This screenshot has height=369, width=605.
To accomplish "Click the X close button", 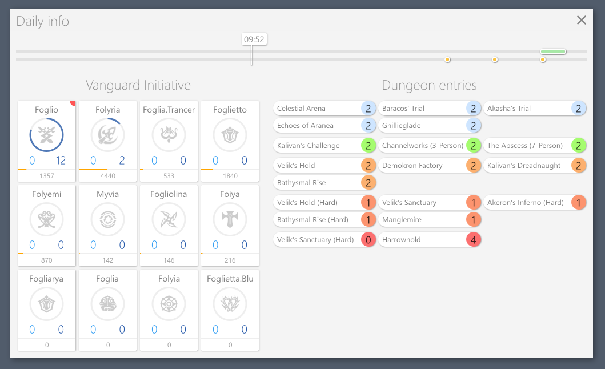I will [581, 21].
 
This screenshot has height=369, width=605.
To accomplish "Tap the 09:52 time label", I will [254, 39].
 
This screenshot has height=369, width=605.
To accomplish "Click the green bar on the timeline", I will [553, 51].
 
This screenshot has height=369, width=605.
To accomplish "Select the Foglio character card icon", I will [46, 135].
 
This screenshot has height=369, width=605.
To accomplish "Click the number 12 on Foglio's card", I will [61, 161].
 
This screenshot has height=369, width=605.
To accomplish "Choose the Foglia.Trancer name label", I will [169, 110].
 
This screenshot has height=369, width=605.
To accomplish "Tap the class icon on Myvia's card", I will [107, 219].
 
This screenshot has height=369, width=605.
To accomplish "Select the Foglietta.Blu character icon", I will [230, 304].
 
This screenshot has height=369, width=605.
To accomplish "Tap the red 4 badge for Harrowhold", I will [473, 240].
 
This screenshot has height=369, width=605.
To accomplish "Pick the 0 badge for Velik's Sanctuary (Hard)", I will [368, 240].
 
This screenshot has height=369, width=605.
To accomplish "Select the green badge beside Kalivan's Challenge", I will [368, 146].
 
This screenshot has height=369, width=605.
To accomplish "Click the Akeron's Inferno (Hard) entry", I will [526, 203].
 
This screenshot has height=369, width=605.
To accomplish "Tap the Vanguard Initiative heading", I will [138, 86].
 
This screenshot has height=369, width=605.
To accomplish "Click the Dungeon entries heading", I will [429, 86].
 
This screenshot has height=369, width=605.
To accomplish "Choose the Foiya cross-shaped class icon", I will [230, 219].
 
